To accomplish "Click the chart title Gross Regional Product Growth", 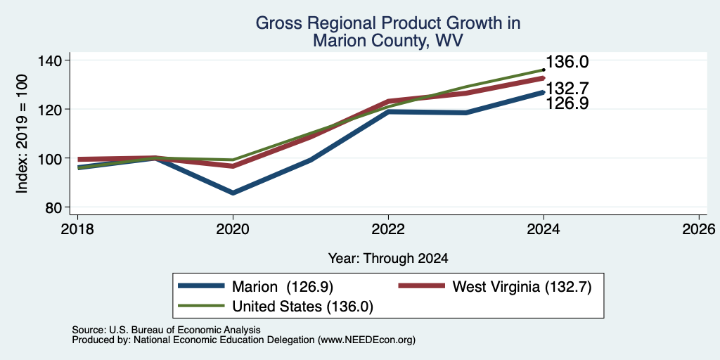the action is (388, 23).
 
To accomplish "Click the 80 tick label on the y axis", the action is (54, 207).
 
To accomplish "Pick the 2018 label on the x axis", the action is (77, 229).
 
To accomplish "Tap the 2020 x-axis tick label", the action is (233, 229).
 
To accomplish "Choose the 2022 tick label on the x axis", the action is (388, 229).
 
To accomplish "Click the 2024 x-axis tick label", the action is (544, 229).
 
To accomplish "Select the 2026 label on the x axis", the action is (699, 229).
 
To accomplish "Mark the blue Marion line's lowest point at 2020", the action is (233, 193).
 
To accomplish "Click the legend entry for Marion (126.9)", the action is (255, 287).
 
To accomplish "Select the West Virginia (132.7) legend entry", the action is (495, 287).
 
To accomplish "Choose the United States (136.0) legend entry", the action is (276, 307).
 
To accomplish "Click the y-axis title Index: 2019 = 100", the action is (22, 134).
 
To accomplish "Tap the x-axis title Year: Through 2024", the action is (388, 259).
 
